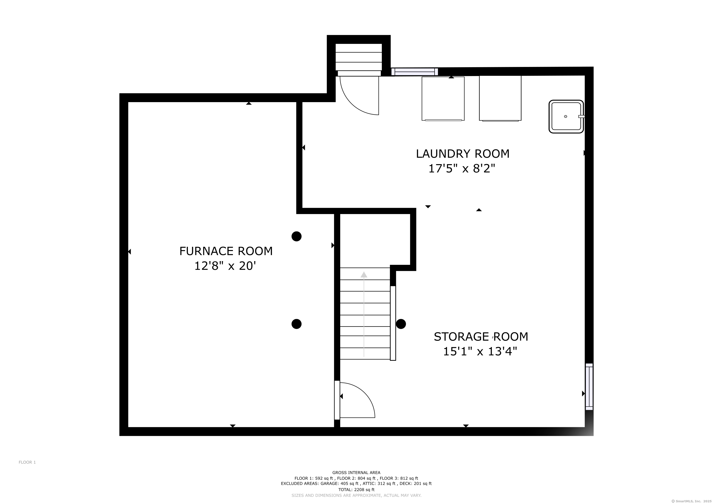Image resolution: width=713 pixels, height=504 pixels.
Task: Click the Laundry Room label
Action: coord(463,154)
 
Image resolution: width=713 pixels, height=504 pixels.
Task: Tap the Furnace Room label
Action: coord(226,251)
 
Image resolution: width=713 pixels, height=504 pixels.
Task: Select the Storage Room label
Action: coord(481,337)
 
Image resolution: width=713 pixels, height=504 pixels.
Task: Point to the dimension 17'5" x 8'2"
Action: coord(462,169)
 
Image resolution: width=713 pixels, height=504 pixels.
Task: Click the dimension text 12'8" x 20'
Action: coord(225,266)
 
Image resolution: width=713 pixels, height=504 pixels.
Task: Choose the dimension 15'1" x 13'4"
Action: coord(480,351)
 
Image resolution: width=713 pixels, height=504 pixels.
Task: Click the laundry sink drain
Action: coord(566,116)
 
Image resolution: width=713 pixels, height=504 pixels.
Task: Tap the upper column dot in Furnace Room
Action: coord(297,236)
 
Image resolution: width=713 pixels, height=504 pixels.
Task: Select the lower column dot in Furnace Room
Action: coord(297,324)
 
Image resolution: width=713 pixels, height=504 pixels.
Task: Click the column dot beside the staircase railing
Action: coord(401,324)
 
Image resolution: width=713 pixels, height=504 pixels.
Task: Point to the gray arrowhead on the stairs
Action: coord(364,275)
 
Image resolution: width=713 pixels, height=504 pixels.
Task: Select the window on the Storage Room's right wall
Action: coord(589,387)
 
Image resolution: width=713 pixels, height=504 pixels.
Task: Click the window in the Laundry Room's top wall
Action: coord(415,72)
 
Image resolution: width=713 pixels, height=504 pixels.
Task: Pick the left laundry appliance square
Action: coord(443,99)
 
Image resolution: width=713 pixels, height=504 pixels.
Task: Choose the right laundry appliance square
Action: coord(500,98)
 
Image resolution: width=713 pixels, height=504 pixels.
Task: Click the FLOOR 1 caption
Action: coord(27,462)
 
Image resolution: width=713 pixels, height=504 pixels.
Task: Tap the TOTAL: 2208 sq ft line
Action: coord(356,490)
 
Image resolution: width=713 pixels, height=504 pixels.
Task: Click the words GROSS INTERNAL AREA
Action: coord(356,473)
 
